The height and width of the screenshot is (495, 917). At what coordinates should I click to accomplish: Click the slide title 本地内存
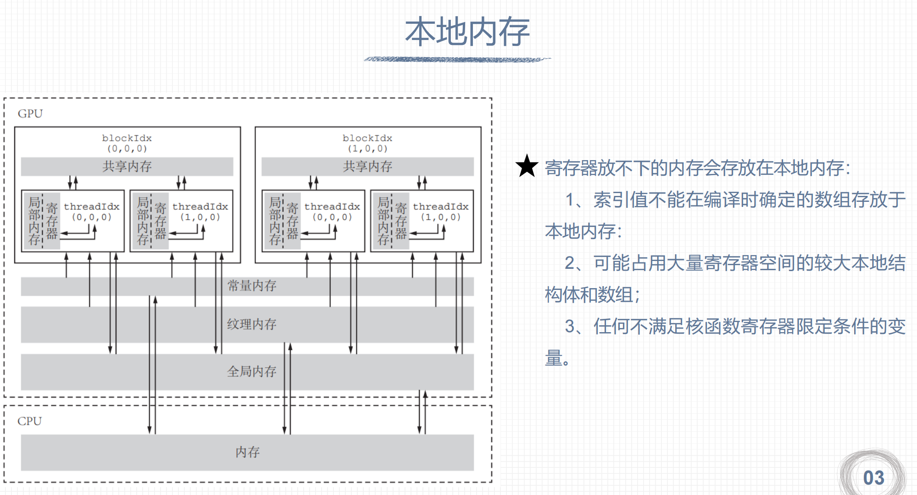[467, 32]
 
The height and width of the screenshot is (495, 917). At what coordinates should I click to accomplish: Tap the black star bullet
[527, 166]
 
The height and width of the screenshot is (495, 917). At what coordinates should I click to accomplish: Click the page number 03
[873, 478]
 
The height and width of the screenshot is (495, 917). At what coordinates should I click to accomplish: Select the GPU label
[30, 114]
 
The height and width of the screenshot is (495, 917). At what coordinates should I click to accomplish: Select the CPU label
[29, 421]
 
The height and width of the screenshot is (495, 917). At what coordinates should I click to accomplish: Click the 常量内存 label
[252, 286]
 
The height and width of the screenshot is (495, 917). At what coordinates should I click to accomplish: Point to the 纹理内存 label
[252, 324]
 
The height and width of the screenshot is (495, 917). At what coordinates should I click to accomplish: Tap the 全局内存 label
[252, 371]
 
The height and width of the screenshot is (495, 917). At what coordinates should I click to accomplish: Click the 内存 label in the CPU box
[247, 452]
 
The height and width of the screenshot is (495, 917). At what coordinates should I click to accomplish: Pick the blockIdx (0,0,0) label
[127, 143]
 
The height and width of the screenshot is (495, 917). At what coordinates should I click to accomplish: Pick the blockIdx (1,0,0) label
[367, 143]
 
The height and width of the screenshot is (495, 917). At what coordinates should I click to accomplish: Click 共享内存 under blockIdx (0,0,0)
[127, 167]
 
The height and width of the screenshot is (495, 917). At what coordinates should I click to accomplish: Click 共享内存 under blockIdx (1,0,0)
[367, 167]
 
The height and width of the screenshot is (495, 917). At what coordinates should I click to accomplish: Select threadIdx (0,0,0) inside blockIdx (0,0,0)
[92, 211]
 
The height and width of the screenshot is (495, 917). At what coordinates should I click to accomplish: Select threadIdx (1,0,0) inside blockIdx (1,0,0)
[440, 211]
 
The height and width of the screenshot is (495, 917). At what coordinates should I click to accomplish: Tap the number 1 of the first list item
[570, 200]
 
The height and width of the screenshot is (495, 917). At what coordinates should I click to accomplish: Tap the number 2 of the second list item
[570, 263]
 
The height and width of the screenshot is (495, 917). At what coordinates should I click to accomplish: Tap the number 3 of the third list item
[570, 327]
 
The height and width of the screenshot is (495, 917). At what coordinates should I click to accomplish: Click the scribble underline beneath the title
[457, 59]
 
